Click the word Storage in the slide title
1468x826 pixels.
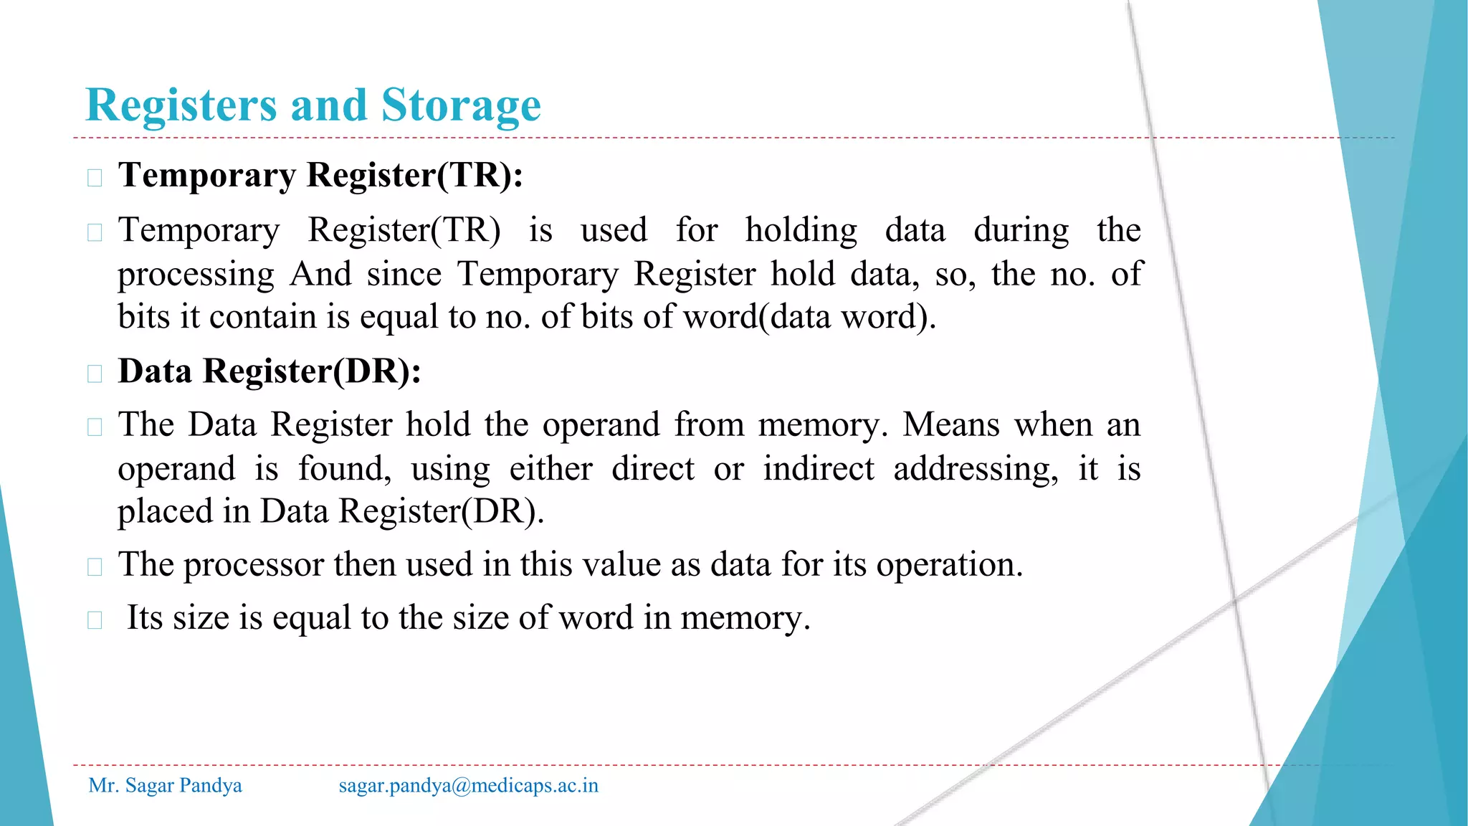point(460,106)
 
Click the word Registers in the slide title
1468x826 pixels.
point(181,106)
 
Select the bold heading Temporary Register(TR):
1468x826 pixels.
point(320,176)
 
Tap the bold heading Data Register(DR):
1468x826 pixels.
point(270,372)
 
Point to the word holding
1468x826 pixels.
point(801,232)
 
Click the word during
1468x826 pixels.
point(1021,232)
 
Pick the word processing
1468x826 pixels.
point(196,275)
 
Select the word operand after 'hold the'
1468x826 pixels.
point(601,425)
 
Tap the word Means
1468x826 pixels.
point(950,425)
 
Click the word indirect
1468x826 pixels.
point(818,470)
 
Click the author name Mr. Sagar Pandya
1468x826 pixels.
point(165,786)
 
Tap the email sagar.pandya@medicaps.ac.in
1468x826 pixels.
point(468,786)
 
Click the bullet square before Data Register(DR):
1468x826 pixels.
point(95,374)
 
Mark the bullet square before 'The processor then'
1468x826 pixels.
point(95,567)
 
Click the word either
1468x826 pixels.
point(550,470)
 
